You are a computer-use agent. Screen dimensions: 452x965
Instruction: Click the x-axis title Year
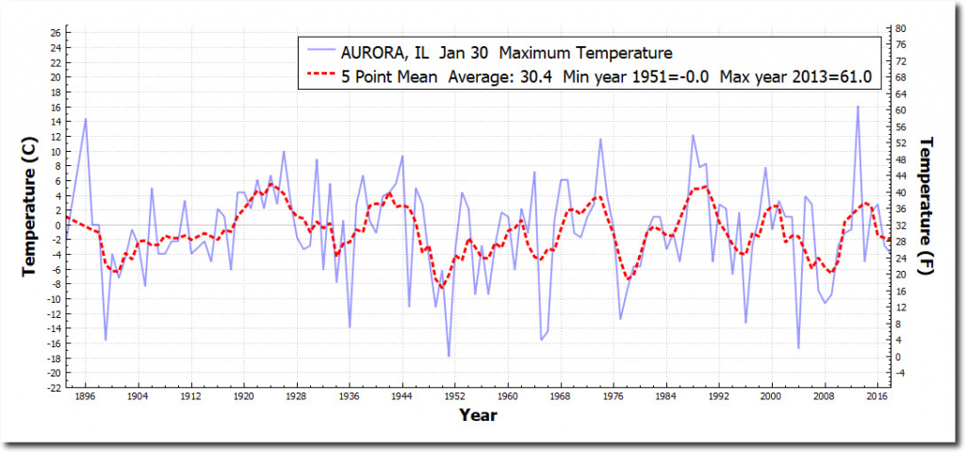click(x=478, y=414)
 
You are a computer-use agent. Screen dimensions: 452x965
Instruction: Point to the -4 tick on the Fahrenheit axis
click(x=901, y=373)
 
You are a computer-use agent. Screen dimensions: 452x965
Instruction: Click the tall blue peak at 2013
click(x=858, y=107)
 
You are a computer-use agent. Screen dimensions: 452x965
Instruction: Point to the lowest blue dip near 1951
click(x=449, y=356)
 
